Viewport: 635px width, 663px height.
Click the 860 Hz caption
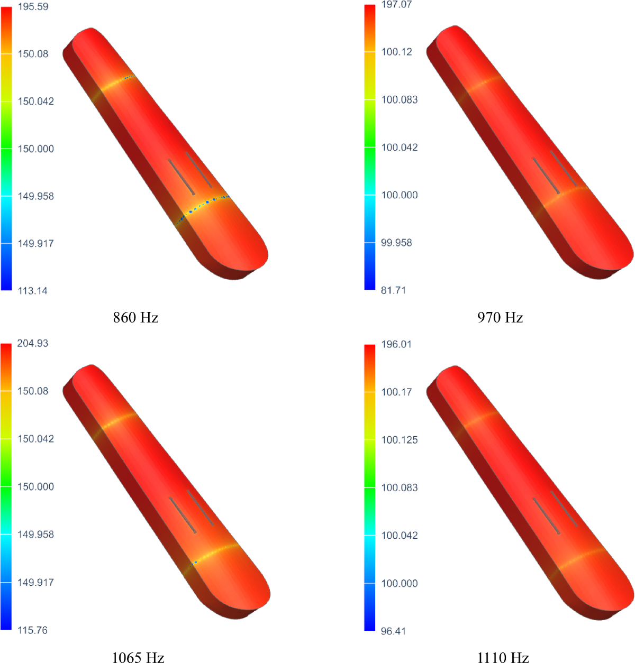pos(135,318)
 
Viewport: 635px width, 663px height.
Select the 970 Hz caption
pos(500,318)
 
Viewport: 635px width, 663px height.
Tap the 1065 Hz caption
pos(138,657)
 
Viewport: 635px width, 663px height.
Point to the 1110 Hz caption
pos(503,657)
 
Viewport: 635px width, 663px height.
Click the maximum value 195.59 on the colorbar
pos(33,7)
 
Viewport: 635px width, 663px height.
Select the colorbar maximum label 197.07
pos(396,5)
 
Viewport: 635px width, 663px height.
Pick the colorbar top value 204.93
pos(33,344)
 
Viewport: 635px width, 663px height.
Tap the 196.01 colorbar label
pos(396,345)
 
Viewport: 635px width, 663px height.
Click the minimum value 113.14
pos(33,291)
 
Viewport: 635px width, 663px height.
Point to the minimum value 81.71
pos(393,290)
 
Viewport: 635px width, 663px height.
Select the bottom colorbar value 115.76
pos(33,630)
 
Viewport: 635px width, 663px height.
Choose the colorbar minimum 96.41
pos(393,631)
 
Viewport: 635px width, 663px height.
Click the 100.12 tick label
pos(396,52)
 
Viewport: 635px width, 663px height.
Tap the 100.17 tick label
pos(396,392)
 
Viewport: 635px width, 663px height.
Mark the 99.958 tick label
pos(396,243)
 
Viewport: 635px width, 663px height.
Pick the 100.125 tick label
pos(400,440)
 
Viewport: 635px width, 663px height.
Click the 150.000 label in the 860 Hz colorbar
pos(35,149)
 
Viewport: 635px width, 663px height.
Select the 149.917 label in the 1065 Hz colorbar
pos(35,583)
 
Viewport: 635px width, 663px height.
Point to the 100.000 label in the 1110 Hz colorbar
pos(400,584)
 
